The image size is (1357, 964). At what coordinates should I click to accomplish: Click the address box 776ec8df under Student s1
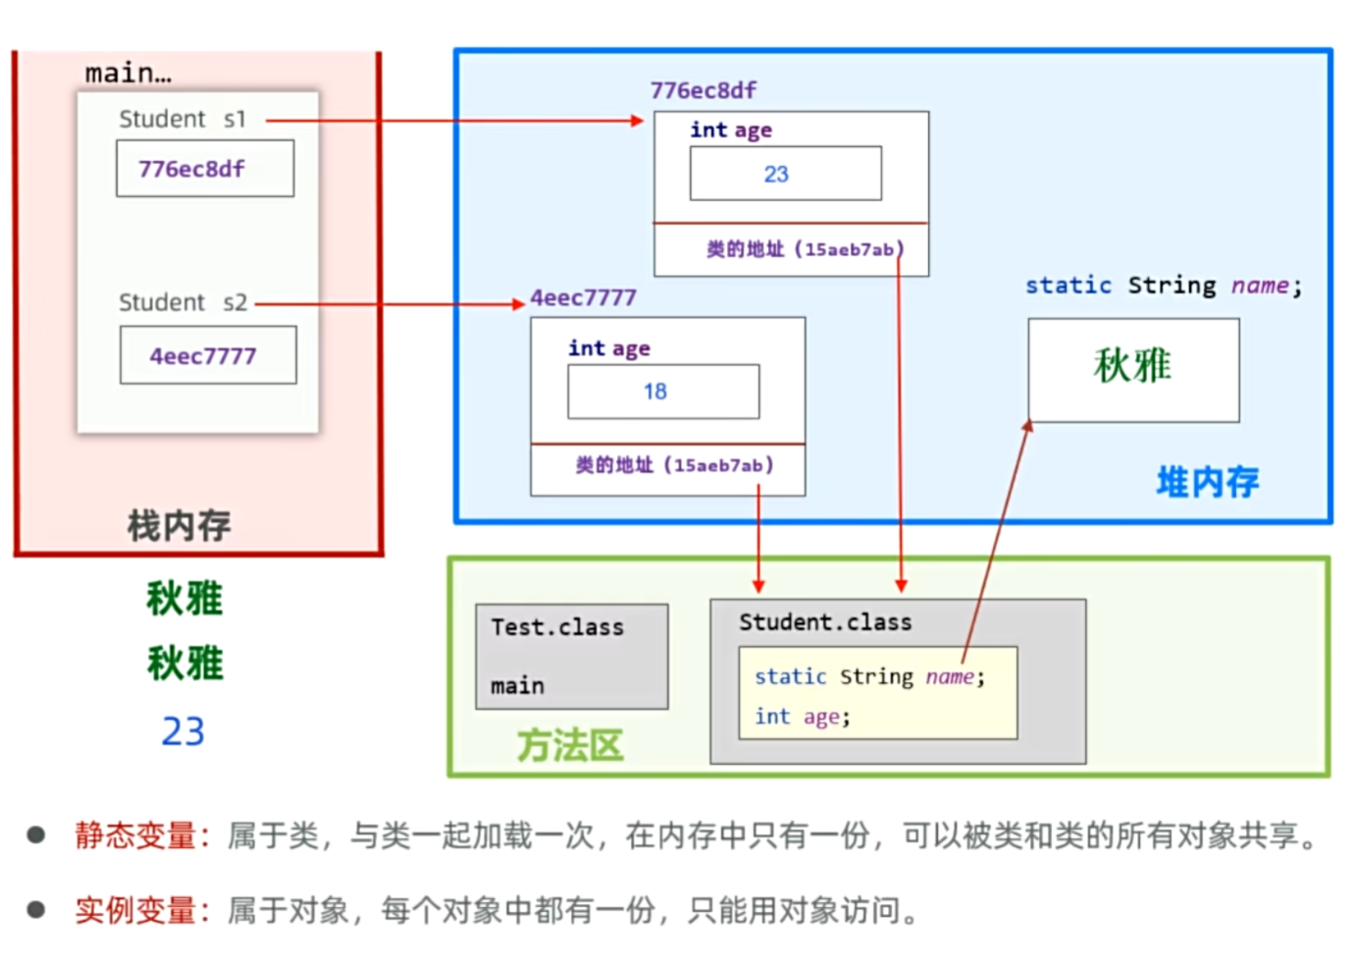(x=204, y=169)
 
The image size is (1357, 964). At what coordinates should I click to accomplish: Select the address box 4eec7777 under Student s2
(x=207, y=355)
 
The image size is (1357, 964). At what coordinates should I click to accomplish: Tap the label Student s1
(x=183, y=120)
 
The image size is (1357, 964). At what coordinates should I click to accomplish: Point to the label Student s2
(x=183, y=302)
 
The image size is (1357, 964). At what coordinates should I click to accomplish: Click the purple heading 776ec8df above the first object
(x=703, y=90)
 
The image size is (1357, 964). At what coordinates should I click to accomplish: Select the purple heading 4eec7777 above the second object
(x=583, y=297)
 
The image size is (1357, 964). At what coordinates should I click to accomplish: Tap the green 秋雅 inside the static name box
(x=1132, y=366)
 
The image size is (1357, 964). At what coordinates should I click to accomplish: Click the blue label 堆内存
(x=1207, y=482)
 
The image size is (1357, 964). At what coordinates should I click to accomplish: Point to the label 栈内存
(x=179, y=526)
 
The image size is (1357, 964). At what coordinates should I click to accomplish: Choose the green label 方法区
(x=569, y=746)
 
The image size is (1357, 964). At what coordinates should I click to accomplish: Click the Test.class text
(x=556, y=627)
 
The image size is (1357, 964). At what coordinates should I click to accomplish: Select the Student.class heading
(x=825, y=622)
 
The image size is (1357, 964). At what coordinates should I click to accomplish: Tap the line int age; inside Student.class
(x=802, y=717)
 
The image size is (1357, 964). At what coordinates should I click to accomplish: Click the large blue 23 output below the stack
(x=183, y=731)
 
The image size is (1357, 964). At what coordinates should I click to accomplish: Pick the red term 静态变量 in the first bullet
(x=136, y=835)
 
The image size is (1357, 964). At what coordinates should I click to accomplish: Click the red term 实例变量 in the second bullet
(x=136, y=910)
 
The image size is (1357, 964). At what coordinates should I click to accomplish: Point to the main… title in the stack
(x=128, y=74)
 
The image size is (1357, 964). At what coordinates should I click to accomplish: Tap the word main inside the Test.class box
(x=517, y=685)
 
